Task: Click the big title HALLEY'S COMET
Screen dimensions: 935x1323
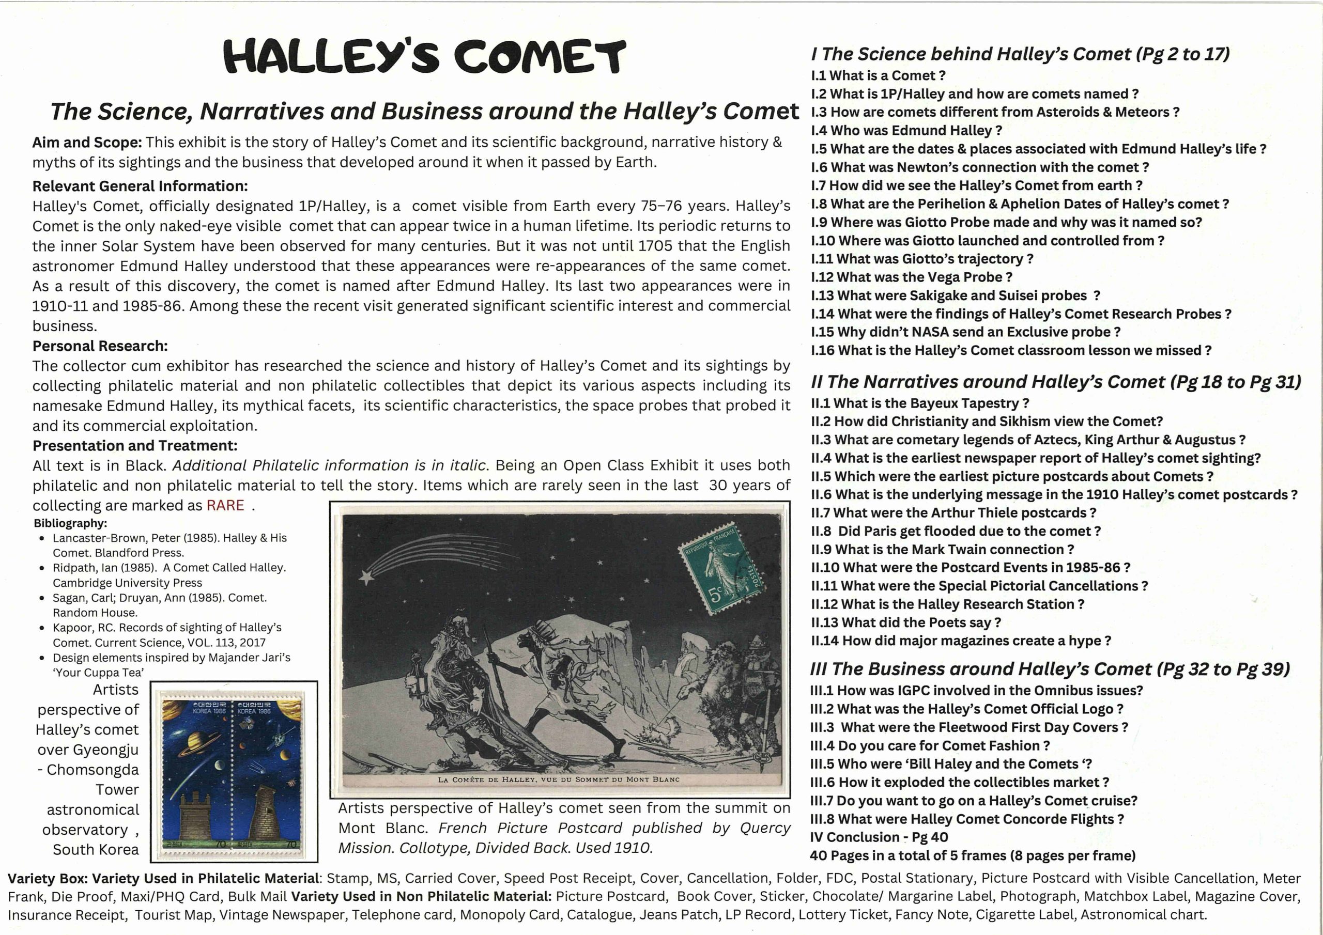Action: [x=424, y=56]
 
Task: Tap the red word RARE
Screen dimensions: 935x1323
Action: [x=225, y=505]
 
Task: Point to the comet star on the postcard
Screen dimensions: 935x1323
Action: [x=366, y=576]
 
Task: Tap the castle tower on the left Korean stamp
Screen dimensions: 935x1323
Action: [x=196, y=819]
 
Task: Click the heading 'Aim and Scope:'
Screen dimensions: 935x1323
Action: [x=87, y=142]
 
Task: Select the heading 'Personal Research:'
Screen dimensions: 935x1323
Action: [x=100, y=346]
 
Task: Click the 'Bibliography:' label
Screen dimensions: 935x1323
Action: [x=70, y=523]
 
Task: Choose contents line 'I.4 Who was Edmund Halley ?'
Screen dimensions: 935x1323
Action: [x=906, y=131]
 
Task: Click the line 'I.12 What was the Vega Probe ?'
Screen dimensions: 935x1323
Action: [x=911, y=277]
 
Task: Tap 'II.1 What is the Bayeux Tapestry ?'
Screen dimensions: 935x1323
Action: [x=920, y=403]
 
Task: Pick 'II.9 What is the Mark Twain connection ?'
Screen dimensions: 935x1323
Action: [x=942, y=550]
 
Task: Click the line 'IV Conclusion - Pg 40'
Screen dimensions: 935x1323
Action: [x=879, y=837]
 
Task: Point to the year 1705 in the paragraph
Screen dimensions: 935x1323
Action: [x=655, y=246]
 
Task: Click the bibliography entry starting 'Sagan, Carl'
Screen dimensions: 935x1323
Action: [x=160, y=605]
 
